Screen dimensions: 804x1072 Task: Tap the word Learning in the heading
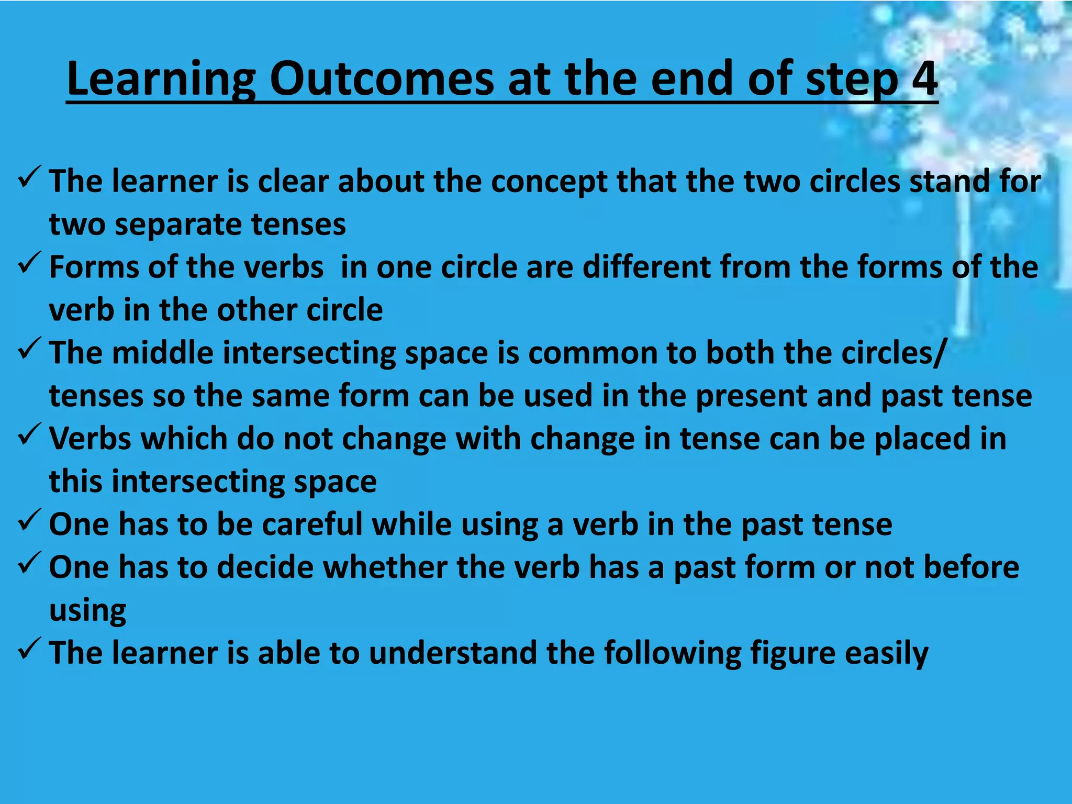point(161,80)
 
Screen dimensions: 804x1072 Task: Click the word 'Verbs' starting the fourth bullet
point(90,439)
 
